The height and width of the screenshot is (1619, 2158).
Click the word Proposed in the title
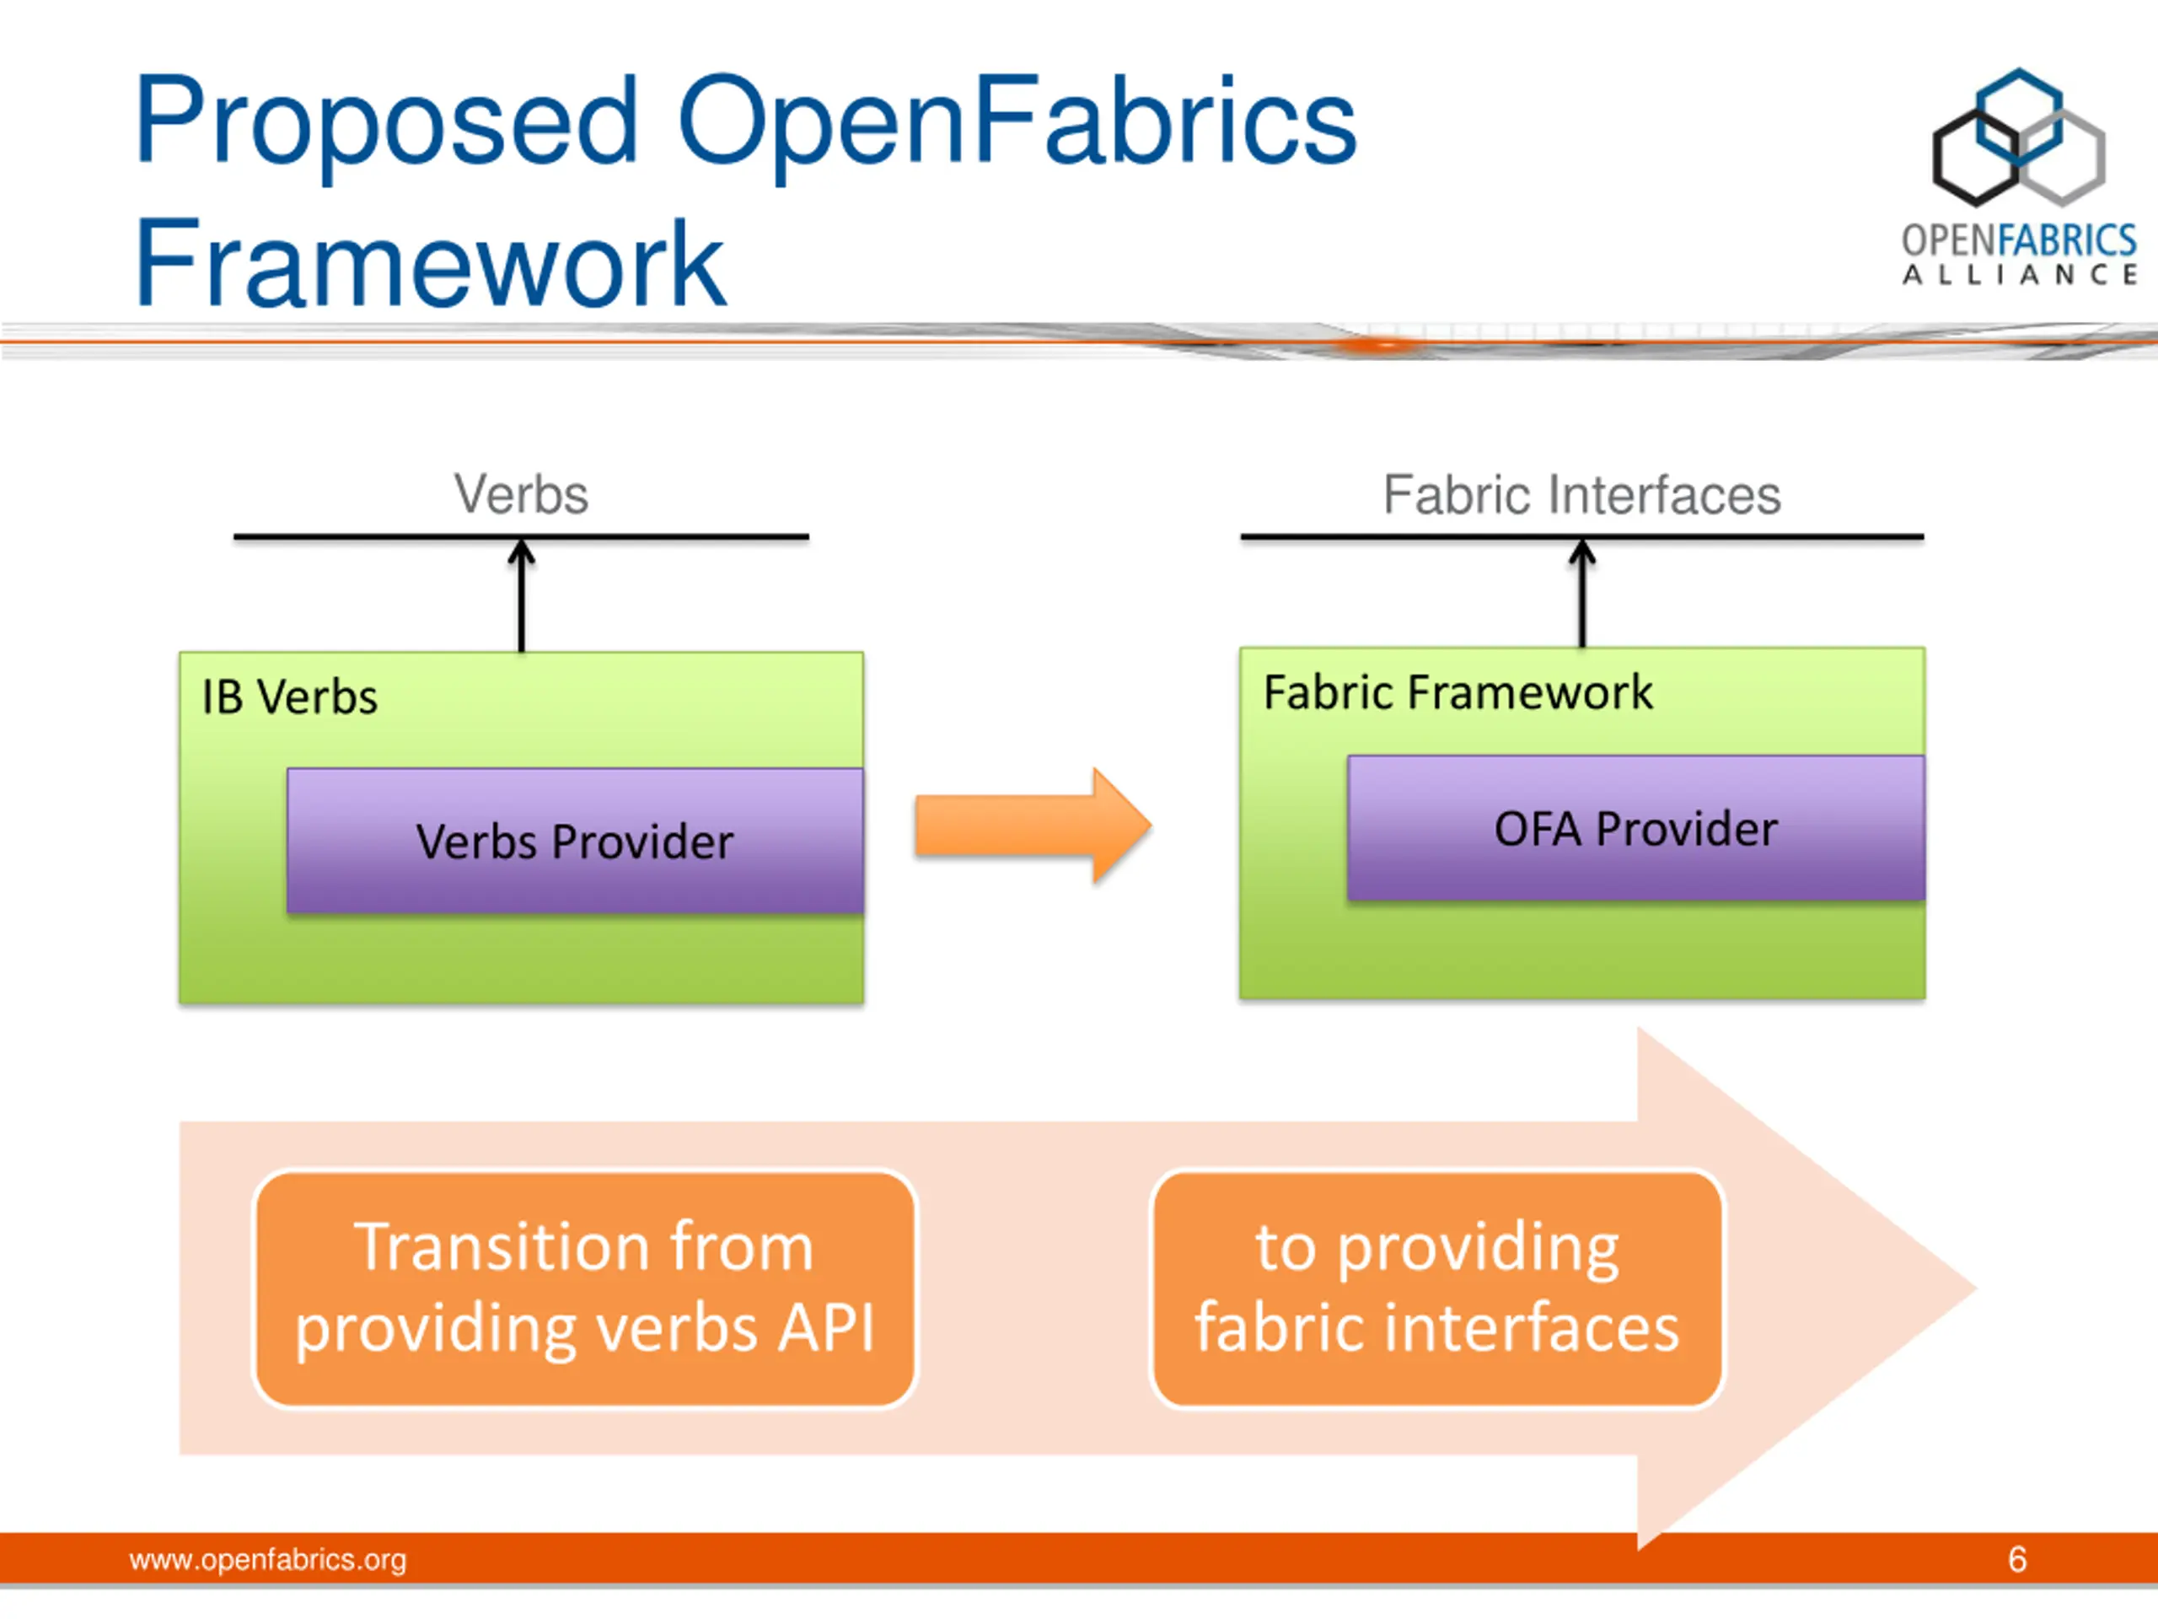(x=386, y=123)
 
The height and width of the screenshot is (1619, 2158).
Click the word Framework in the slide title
(x=429, y=263)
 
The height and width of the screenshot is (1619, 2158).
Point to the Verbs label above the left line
(x=521, y=495)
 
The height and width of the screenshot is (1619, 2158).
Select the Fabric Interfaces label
(x=1581, y=495)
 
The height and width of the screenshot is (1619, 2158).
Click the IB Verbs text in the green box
(x=290, y=697)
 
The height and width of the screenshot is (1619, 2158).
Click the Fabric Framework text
(x=1457, y=693)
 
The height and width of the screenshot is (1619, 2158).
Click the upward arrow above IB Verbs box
(x=522, y=594)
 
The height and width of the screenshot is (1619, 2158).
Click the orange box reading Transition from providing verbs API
(x=584, y=1288)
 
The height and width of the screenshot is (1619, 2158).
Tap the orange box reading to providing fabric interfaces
(x=1437, y=1288)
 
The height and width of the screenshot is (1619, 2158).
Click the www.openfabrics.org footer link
(x=268, y=1559)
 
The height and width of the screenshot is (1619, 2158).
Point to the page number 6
(x=2017, y=1559)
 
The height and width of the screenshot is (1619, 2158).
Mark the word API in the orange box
(x=826, y=1328)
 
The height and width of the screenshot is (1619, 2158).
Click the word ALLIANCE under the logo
(x=2020, y=275)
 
